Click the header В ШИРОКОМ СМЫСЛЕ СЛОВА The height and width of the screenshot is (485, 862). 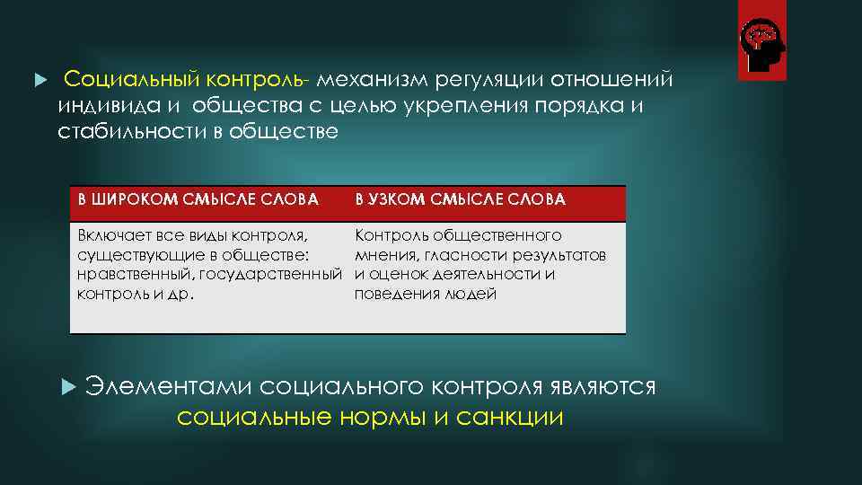point(198,199)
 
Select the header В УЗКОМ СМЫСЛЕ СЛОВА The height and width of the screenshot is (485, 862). point(460,199)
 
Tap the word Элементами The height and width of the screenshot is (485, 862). point(168,386)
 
